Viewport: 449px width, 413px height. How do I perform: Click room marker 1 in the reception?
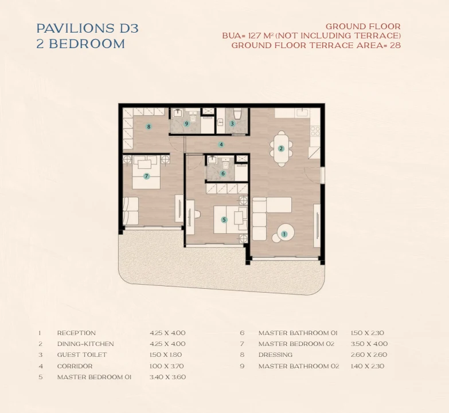point(284,234)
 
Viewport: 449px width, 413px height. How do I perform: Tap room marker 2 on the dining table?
point(281,148)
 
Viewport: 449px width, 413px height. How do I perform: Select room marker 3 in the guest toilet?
point(232,124)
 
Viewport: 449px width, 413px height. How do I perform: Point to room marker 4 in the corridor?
point(221,145)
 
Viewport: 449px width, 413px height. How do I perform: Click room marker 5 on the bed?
point(224,219)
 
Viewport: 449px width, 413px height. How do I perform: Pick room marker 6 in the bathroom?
point(223,174)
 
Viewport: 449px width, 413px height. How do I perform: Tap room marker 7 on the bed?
point(147,176)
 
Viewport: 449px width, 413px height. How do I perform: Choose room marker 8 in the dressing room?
point(149,127)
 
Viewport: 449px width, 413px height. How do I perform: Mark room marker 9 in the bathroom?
point(187,124)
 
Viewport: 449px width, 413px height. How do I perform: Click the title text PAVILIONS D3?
point(88,28)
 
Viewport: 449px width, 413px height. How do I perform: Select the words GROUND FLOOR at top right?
point(363,26)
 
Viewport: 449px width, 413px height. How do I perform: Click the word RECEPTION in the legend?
point(76,333)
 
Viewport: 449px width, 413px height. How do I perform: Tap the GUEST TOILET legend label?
point(82,355)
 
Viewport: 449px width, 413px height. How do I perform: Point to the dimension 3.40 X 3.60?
point(168,377)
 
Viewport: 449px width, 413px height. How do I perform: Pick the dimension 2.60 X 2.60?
point(369,355)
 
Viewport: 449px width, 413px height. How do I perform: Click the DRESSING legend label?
point(275,355)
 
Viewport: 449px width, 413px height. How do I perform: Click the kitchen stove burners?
point(315,131)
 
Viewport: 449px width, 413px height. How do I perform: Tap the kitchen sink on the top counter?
point(302,112)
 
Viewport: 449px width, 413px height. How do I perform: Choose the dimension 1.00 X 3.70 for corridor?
point(167,366)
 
